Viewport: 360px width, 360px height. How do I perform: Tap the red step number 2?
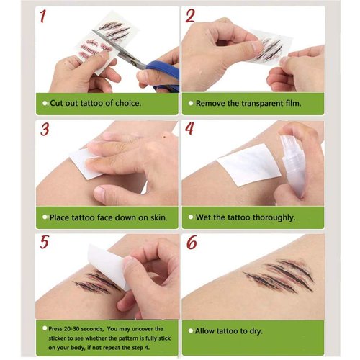pos(190,17)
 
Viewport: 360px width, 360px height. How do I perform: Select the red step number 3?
pos(45,130)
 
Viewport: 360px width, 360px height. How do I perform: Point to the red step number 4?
pos(190,130)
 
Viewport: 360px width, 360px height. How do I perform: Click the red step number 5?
pos(45,242)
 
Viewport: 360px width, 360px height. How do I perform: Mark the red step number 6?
pos(192,243)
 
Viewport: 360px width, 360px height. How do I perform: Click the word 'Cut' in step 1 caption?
pos(57,103)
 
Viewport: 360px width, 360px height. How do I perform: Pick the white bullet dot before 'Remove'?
pos(191,103)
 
